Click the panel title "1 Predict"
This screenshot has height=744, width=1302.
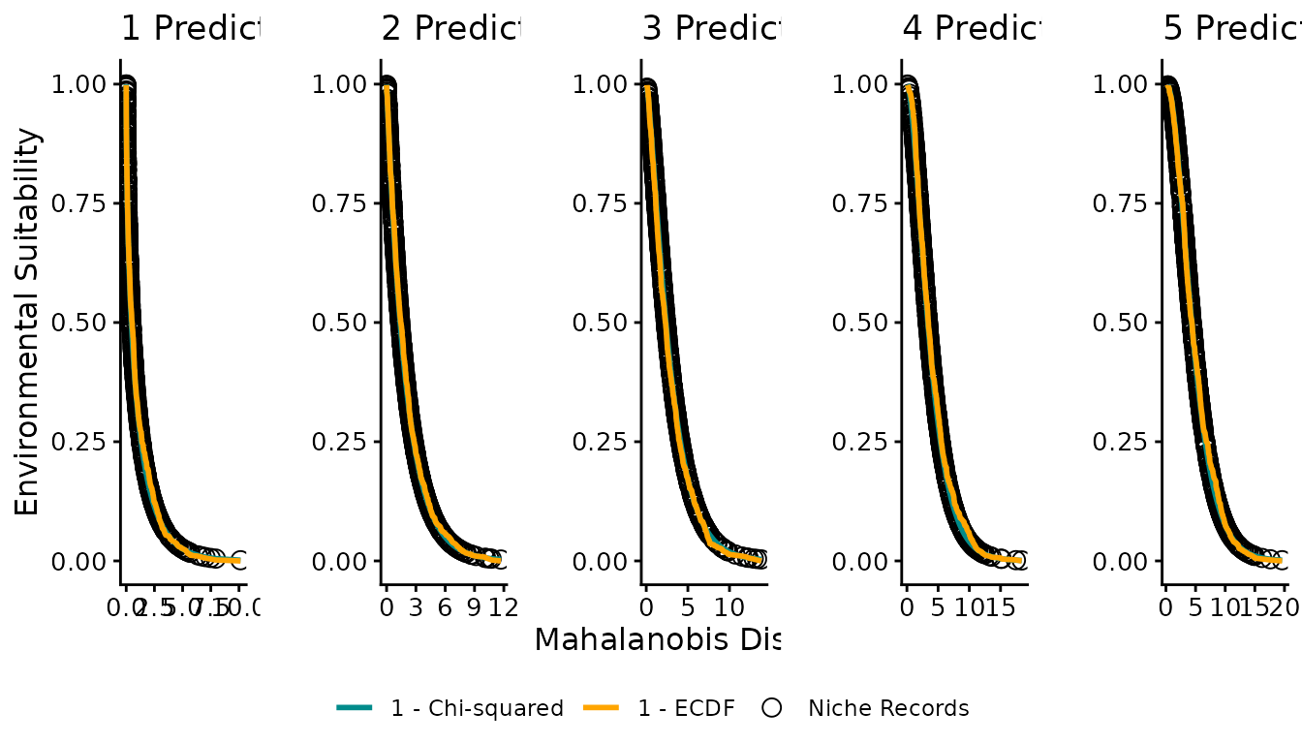coord(191,29)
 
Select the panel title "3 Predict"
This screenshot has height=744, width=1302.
coord(711,29)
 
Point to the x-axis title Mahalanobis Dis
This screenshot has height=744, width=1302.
coord(657,639)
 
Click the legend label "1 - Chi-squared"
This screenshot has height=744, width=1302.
coord(477,708)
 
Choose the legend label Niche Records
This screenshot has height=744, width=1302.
coord(888,708)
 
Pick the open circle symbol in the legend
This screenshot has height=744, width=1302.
coord(771,708)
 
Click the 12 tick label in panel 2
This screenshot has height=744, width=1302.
coord(503,608)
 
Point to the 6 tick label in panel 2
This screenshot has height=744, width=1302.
coord(445,608)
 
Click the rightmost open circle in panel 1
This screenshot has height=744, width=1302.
coord(238,559)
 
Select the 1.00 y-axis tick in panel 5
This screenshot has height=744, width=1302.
coord(1120,84)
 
